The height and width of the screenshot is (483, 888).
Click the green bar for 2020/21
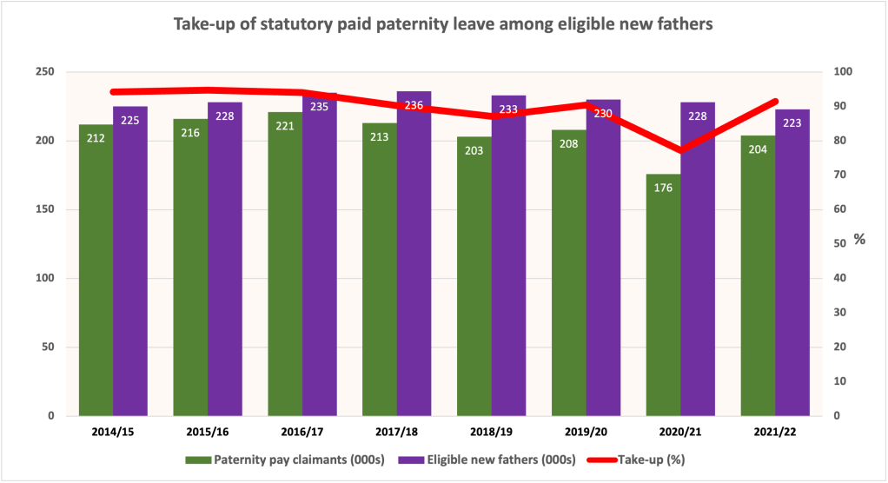[663, 295]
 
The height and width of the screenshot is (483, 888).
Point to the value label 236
[414, 105]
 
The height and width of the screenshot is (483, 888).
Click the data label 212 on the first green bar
[96, 137]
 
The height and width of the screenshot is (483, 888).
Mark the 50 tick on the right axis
[844, 244]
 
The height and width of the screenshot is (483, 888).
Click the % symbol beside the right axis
[859, 239]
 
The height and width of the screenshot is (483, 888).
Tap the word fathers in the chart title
[683, 25]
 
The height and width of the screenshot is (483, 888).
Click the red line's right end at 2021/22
[776, 102]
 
